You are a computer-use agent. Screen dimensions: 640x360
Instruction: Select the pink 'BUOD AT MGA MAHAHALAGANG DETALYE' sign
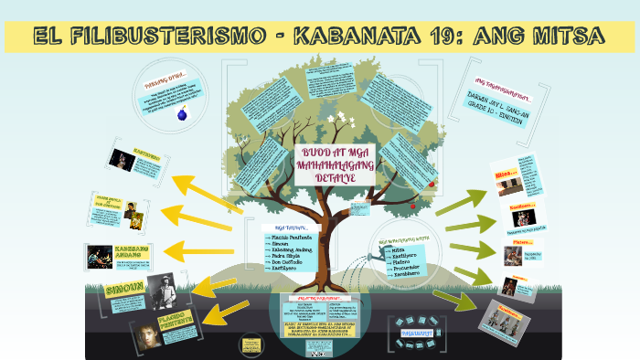pyautogui.click(x=336, y=165)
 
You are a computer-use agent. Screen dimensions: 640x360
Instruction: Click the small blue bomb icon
pyautogui.click(x=181, y=114)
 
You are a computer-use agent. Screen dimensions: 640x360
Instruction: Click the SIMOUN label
pyautogui.click(x=125, y=291)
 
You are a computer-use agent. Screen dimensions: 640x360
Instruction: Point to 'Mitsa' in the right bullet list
pyautogui.click(x=399, y=248)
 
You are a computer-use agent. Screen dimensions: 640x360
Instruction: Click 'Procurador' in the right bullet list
pyautogui.click(x=409, y=267)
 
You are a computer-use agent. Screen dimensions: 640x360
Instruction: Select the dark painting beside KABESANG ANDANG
pyautogui.click(x=98, y=255)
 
